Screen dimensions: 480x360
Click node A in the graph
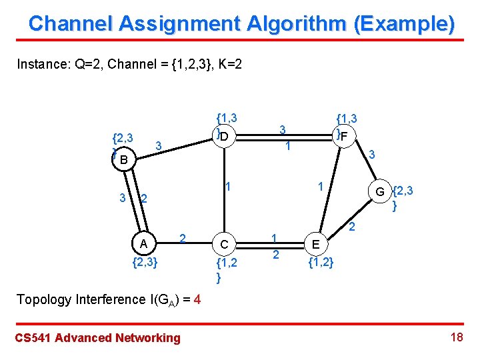coord(143,241)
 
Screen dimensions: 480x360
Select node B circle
coord(123,160)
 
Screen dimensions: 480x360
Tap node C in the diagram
coord(225,245)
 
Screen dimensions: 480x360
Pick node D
coord(225,137)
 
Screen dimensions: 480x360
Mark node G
coord(379,193)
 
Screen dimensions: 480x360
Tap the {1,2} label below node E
coord(321,263)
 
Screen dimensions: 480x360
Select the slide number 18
coord(457,337)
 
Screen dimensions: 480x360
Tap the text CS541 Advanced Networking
coord(97,338)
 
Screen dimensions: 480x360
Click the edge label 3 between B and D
coord(158,145)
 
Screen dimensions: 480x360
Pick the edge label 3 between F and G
coord(373,155)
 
